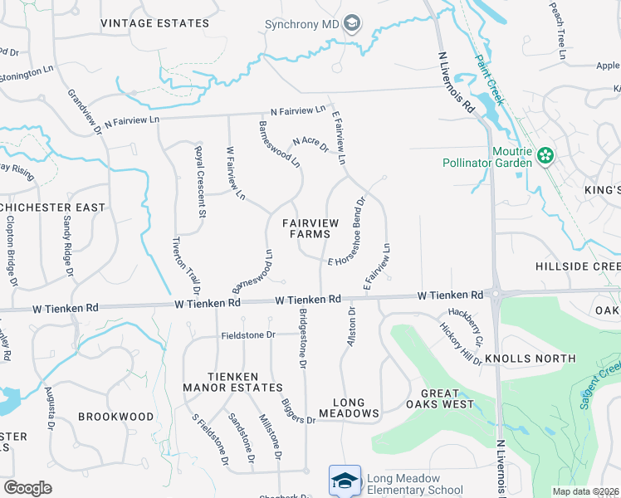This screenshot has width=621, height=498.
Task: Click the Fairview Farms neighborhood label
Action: pyautogui.click(x=306, y=228)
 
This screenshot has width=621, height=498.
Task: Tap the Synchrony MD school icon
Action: pyautogui.click(x=352, y=23)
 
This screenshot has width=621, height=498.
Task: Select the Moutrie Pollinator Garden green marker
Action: pyautogui.click(x=545, y=155)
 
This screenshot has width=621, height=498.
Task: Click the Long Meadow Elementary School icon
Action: pyautogui.click(x=345, y=481)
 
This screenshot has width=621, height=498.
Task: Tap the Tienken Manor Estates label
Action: pyautogui.click(x=233, y=382)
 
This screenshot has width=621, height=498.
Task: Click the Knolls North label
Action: pyautogui.click(x=541, y=359)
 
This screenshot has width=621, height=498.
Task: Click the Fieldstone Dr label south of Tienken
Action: pyautogui.click(x=247, y=335)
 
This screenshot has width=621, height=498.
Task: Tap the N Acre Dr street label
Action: pyautogui.click(x=310, y=147)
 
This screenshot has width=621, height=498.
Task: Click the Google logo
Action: pyautogui.click(x=27, y=488)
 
